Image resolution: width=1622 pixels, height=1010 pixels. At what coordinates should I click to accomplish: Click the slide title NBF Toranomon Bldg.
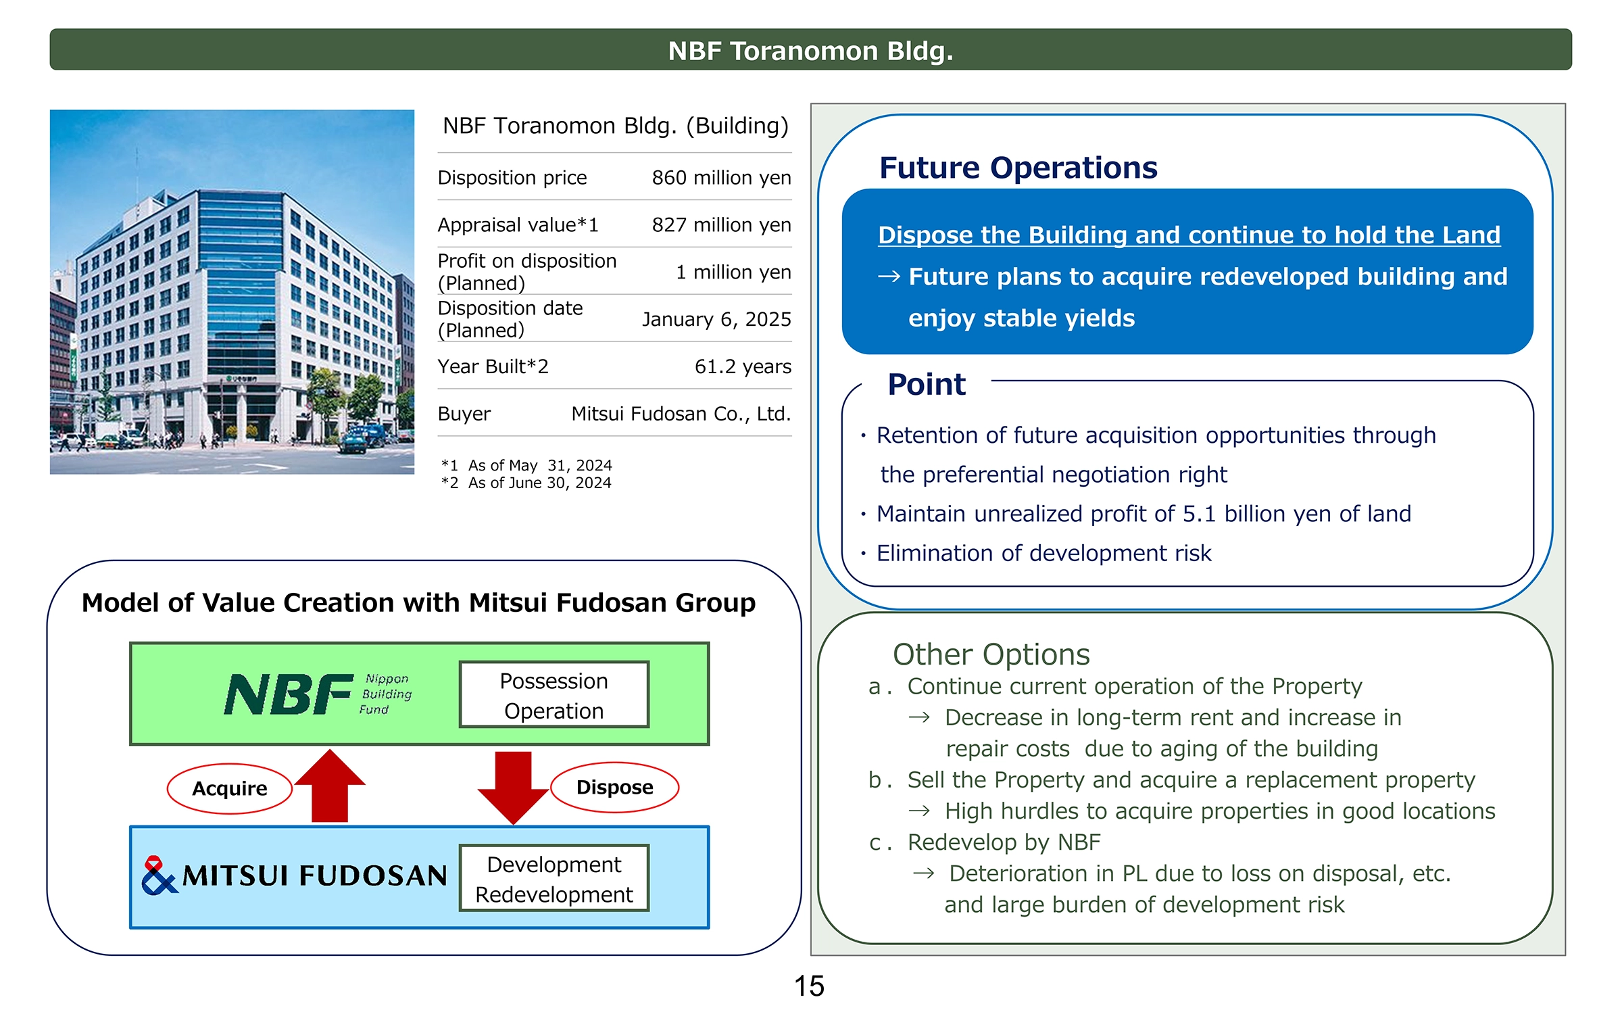point(810,51)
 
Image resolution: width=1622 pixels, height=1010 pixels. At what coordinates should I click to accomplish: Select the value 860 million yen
point(721,178)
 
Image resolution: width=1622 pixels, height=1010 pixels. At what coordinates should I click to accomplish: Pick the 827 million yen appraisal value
point(721,225)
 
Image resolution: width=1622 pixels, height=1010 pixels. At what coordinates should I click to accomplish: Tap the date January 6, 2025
point(716,319)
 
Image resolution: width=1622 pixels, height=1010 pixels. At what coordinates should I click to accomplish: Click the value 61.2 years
point(743,366)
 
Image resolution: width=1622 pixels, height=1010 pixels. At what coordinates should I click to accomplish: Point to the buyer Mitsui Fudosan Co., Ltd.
point(681,414)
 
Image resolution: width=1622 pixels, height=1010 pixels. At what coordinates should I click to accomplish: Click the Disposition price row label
point(512,178)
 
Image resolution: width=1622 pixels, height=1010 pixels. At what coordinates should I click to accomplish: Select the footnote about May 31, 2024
point(526,465)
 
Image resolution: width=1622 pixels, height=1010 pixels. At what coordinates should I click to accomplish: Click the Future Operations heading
point(1018,168)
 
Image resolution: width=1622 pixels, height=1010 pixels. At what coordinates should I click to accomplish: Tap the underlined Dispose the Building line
point(1189,235)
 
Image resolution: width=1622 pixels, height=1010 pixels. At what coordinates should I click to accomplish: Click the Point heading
point(927,384)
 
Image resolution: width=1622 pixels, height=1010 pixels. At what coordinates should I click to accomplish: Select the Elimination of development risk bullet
point(1043,553)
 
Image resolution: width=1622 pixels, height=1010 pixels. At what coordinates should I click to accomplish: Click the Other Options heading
point(991,654)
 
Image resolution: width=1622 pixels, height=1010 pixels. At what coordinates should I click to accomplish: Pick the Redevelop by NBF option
point(1004,842)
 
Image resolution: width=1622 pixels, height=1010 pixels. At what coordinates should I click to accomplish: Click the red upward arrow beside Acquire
point(330,786)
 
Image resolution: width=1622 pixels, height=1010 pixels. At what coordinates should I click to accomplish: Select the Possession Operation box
point(554,695)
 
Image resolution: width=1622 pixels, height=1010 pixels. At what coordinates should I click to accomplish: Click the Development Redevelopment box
point(554,878)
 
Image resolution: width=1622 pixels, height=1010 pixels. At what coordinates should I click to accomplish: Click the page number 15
point(809,986)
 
